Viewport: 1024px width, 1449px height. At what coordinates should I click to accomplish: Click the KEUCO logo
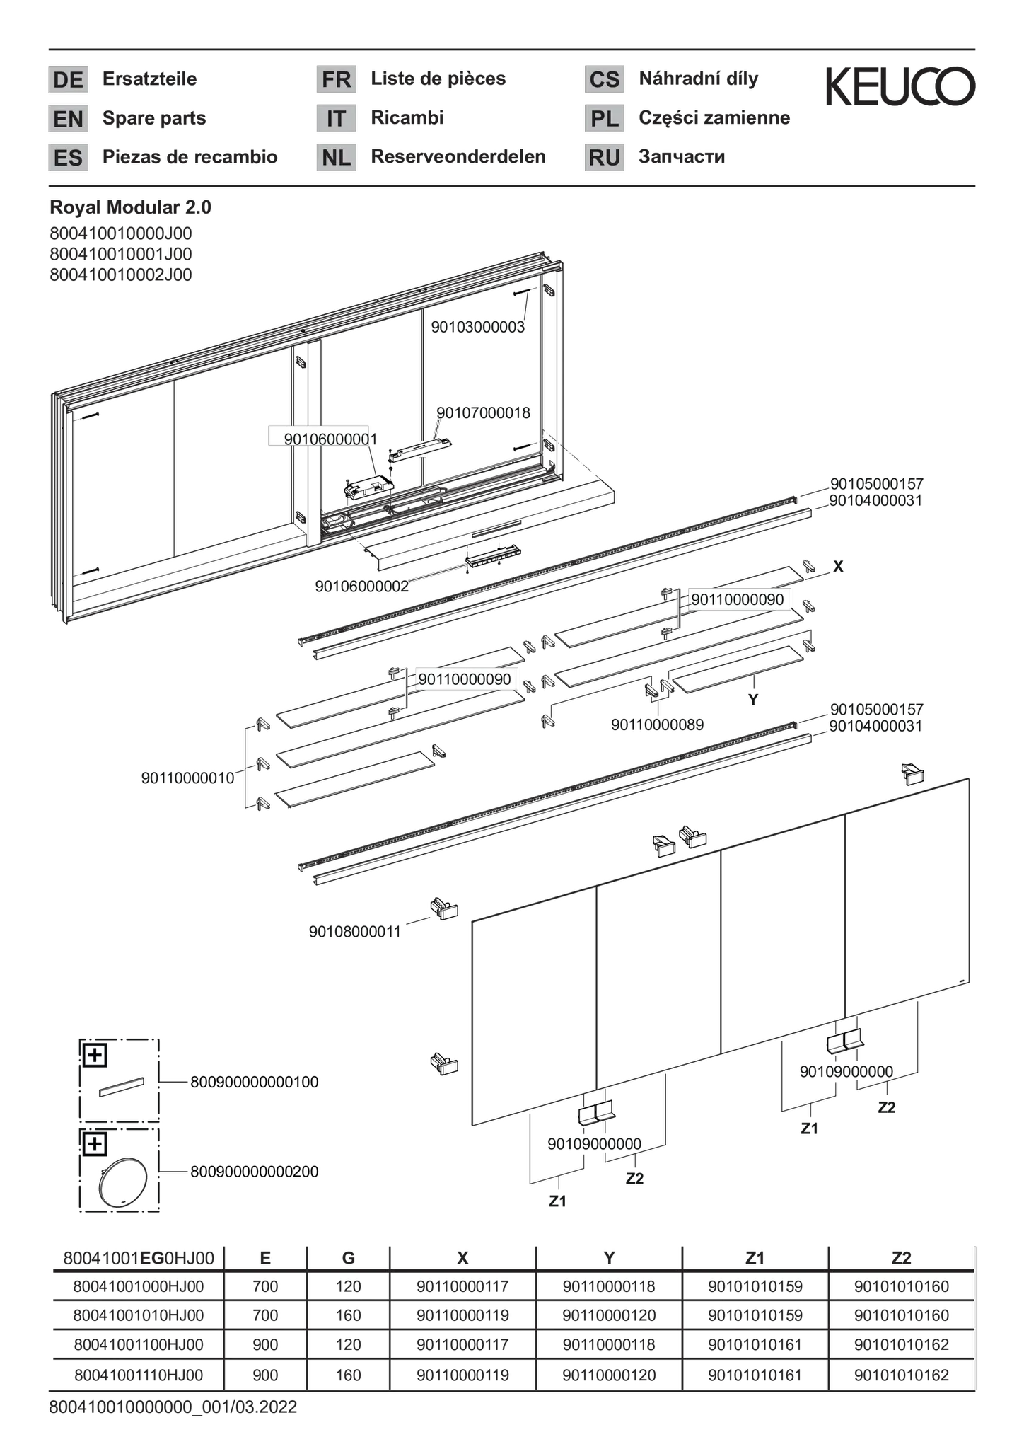coord(900,86)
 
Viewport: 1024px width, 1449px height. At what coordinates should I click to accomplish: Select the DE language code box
coord(68,79)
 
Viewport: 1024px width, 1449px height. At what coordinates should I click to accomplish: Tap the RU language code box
coord(605,157)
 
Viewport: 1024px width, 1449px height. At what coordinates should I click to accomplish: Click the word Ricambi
coord(407,117)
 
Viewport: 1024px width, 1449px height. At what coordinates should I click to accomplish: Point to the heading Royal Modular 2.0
coord(131,207)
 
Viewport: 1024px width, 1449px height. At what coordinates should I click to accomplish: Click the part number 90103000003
coord(478,327)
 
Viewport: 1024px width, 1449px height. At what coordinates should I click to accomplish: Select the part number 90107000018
coord(483,412)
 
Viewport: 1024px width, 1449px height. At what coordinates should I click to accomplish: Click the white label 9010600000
coord(318,438)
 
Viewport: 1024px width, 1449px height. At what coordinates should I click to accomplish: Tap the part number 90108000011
coord(355,932)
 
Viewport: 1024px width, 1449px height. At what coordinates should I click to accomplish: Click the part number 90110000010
coord(187,778)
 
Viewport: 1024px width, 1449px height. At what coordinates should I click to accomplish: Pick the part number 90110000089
coord(657,725)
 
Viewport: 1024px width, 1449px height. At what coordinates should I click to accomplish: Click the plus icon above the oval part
coord(95,1144)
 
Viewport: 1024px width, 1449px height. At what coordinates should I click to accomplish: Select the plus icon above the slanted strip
coord(95,1056)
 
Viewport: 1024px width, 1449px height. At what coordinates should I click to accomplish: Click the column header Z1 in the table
coord(755,1258)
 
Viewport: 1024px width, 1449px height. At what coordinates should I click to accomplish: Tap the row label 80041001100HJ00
coord(139,1344)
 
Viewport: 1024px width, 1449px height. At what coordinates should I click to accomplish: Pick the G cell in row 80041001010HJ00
coord(348,1315)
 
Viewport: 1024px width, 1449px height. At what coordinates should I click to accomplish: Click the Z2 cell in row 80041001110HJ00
coord(901,1375)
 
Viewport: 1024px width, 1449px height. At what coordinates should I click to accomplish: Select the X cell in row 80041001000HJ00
coord(462,1286)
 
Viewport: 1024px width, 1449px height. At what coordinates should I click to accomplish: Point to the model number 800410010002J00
coord(121,275)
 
